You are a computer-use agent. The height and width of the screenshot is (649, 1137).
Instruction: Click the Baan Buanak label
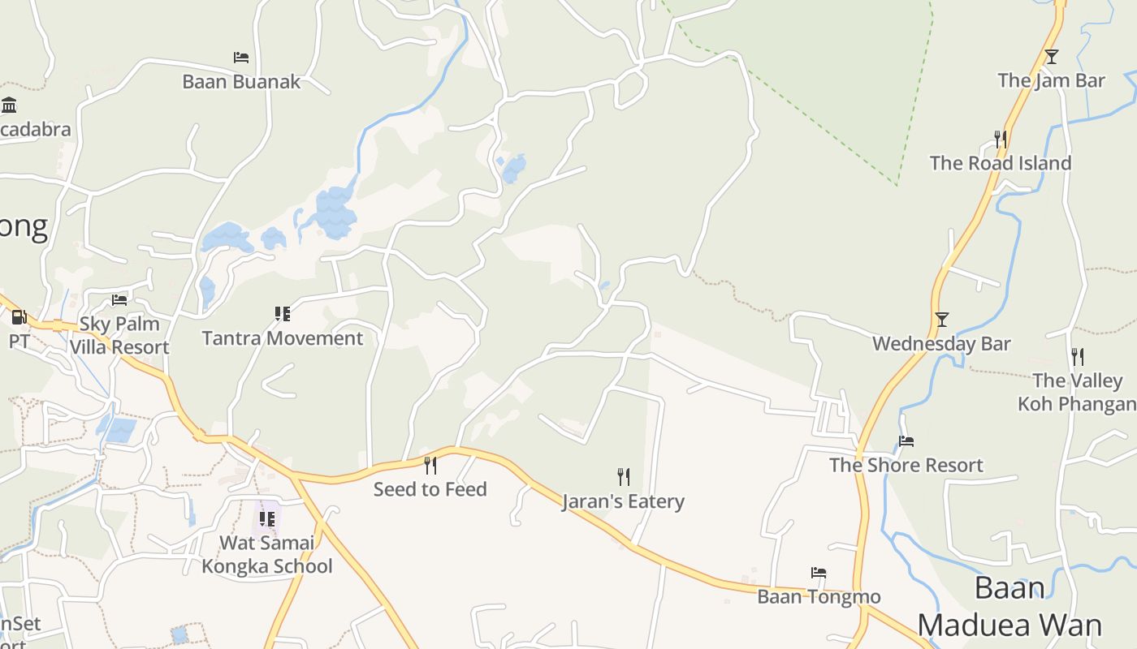coord(241,82)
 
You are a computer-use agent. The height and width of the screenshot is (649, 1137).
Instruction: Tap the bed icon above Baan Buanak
coord(241,58)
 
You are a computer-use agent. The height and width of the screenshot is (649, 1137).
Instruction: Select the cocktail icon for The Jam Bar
coord(1052,57)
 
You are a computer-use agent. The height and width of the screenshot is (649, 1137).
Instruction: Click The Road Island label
coord(1001,163)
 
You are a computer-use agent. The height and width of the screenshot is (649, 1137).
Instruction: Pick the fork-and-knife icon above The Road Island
coord(1001,140)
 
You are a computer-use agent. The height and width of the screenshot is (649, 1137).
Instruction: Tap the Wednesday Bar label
coord(941,343)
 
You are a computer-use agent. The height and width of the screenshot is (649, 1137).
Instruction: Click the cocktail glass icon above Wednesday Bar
coord(942,320)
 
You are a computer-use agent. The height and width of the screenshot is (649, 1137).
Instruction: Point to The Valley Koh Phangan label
coord(1077,392)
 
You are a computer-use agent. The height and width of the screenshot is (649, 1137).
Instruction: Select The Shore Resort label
coord(906,465)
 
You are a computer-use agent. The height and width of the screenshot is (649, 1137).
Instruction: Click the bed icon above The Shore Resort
coord(906,441)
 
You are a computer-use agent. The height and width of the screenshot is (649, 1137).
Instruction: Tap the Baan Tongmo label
coord(819,597)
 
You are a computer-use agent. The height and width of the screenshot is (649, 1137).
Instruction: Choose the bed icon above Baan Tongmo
coord(819,573)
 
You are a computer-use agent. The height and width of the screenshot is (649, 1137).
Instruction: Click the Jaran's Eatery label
coord(624,501)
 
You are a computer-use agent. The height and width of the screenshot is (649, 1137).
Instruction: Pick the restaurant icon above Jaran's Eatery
coord(624,476)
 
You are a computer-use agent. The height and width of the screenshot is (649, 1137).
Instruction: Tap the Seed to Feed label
coord(430,489)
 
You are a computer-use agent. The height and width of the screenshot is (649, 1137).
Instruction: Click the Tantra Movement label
coord(283,338)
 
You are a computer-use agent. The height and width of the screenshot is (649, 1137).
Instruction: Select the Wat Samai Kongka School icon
coord(267,518)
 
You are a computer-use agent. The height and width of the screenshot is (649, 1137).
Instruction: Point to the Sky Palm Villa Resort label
coord(119,336)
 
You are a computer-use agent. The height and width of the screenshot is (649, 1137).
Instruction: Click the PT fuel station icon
coord(19,317)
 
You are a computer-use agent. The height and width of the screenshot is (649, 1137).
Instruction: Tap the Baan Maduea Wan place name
coord(1009,607)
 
